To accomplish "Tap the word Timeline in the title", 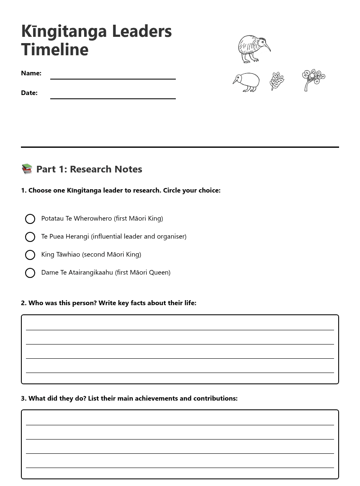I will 55,49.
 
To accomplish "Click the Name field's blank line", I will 113,78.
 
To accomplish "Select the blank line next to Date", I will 113,98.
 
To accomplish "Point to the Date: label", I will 29,93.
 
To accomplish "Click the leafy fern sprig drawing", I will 277,81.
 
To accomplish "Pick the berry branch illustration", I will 314,80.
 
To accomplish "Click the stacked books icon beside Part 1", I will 27,169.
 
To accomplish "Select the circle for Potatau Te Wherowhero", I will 30,219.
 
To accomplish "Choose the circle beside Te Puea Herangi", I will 30,237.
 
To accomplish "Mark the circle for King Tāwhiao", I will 30,255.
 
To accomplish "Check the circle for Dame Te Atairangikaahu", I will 30,273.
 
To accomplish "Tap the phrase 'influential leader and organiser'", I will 139,237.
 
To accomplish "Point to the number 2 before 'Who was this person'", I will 23,303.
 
